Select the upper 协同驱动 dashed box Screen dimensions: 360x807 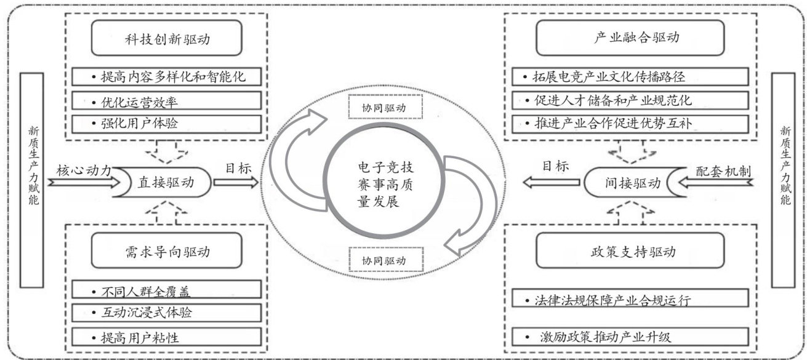click(385, 107)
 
